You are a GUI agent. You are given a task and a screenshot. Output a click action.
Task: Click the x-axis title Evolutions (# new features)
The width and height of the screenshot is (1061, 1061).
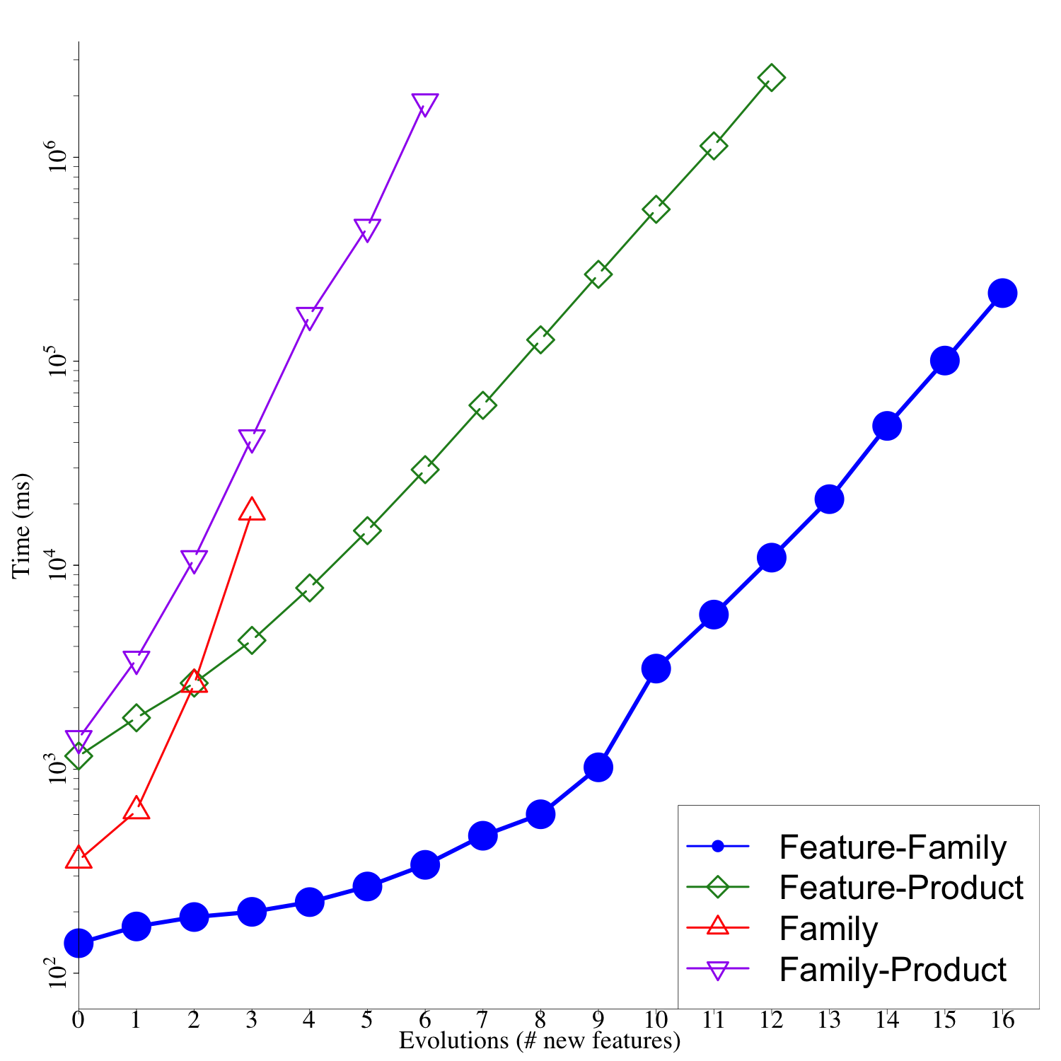point(539,1040)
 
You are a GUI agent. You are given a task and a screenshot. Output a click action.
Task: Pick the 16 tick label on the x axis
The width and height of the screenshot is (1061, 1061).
point(1002,1020)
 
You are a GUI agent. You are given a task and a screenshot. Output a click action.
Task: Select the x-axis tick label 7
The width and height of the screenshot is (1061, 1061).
point(482,1020)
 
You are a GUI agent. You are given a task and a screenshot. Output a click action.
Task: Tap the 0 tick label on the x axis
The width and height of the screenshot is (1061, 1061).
point(78,1020)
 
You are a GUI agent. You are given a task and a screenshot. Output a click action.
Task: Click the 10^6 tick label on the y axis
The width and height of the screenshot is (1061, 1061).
point(55,157)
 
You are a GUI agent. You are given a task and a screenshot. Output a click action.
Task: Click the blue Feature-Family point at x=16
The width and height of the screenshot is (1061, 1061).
point(1002,293)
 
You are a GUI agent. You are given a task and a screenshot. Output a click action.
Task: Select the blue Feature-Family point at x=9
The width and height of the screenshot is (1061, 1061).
point(598,767)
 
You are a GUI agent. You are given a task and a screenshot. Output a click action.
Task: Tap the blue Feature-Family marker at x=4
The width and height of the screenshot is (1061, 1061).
point(309,902)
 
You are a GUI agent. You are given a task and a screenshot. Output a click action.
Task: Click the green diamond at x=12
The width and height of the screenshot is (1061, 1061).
point(771,78)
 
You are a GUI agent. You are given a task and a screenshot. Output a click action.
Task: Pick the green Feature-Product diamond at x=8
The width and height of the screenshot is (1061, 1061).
point(540,340)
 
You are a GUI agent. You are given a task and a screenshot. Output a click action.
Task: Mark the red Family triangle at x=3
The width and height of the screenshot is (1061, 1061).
point(252,509)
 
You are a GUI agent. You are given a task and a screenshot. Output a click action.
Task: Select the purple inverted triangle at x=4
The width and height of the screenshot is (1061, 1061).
point(309,318)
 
